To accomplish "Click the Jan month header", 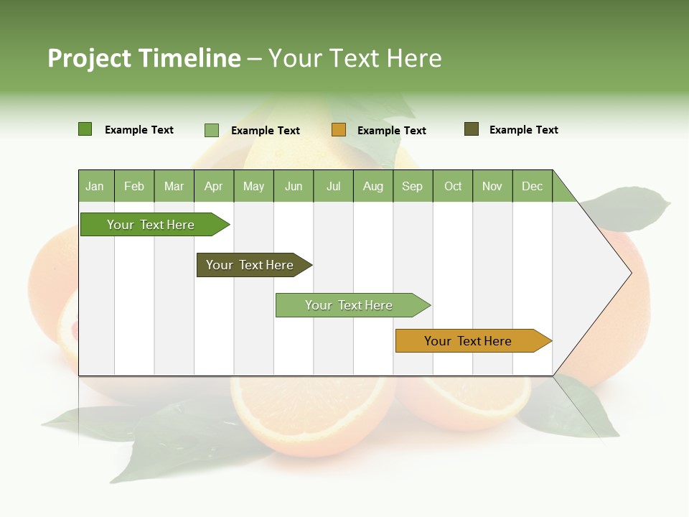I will pos(95,186).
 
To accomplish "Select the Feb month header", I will pos(134,186).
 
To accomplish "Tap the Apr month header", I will pos(213,186).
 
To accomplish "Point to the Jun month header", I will pos(294,186).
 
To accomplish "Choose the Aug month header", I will pos(372,186).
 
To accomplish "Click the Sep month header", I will pos(412,186).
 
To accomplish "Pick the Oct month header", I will pos(453,186).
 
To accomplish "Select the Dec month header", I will pos(532,186).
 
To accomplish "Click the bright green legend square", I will pos(85,129).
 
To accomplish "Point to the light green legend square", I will pos(212,130).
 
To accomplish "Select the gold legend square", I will pos(339,130).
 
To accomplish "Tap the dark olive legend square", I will pos(472,129).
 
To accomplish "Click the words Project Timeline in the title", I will pos(144,58).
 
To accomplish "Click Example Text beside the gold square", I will pos(392,130).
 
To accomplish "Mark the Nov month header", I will pos(492,186).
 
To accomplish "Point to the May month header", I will pos(253,186).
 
